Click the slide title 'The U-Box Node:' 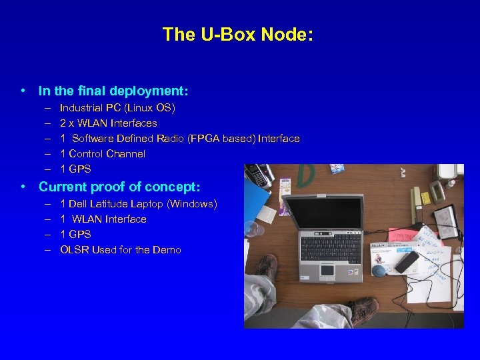(237, 35)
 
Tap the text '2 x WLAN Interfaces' (108, 123)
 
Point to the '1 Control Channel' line (102, 153)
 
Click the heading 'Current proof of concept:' (119, 187)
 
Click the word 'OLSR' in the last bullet (74, 249)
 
